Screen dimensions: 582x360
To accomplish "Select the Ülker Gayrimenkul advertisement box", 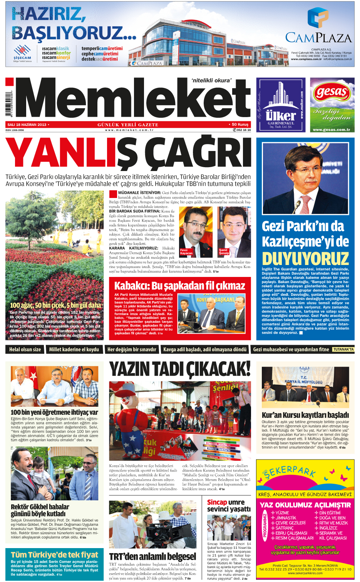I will coord(281,105).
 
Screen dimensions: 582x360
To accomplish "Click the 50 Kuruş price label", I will coord(240,124).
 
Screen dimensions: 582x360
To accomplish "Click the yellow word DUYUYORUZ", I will coord(305,258).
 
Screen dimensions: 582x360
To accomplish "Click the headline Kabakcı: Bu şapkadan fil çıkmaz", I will coord(180,286).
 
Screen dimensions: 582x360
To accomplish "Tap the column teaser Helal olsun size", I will coord(25,349).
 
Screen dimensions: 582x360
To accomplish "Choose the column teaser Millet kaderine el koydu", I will coord(74,349).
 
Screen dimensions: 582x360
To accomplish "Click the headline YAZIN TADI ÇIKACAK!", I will coord(180,369).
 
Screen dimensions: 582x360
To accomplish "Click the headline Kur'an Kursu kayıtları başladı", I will coord(305,415).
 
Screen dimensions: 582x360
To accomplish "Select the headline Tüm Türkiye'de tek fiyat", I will coord(55,555).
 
